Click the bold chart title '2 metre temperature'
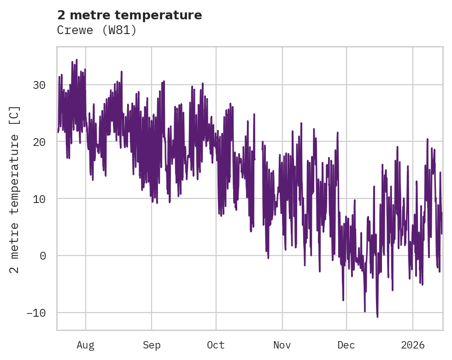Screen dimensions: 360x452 (x=129, y=15)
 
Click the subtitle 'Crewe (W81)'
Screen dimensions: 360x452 (x=97, y=30)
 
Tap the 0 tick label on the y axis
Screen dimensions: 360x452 (x=43, y=256)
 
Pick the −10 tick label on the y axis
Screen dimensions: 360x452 (x=36, y=313)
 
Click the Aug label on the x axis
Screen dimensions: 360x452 (x=86, y=345)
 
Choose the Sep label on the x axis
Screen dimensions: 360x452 (x=151, y=345)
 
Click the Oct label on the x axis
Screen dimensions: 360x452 (x=216, y=345)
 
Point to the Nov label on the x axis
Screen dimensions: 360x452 (x=282, y=345)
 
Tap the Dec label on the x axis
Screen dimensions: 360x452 (x=346, y=345)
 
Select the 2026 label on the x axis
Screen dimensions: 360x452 (x=413, y=345)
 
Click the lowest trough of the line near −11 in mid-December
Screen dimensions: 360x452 (x=377, y=317)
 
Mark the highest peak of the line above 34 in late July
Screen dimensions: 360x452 (x=76, y=60)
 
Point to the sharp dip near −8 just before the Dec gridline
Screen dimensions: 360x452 (x=343, y=300)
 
